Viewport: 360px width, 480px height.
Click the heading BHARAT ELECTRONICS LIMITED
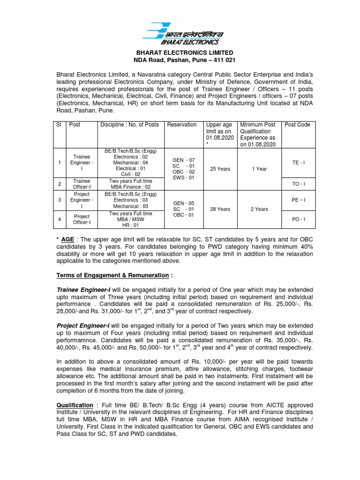pyautogui.click(x=184, y=53)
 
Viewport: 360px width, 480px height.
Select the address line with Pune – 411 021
pyautogui.click(x=184, y=61)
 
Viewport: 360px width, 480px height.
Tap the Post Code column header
pyautogui.click(x=297, y=125)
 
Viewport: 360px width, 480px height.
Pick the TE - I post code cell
pyautogui.click(x=298, y=162)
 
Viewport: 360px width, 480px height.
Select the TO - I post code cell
pyautogui.click(x=298, y=184)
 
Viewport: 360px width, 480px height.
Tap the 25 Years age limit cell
pyautogui.click(x=220, y=169)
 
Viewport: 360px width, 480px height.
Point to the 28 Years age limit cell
pyautogui.click(x=220, y=210)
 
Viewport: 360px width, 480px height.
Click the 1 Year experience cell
pyautogui.click(x=258, y=169)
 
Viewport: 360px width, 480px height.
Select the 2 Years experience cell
pyautogui.click(x=258, y=210)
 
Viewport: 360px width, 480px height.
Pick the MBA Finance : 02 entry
pyautogui.click(x=131, y=187)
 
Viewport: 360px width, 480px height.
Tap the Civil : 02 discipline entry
pyautogui.click(x=131, y=174)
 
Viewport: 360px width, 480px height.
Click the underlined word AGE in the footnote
pyautogui.click(x=70, y=240)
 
